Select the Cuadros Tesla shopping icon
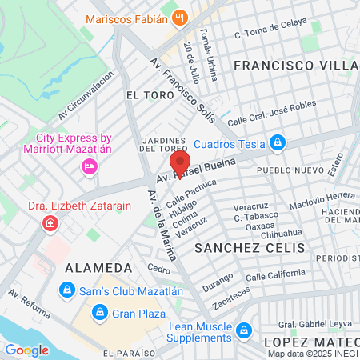pyautogui.click(x=278, y=144)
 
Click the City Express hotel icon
pyautogui.click(x=90, y=166)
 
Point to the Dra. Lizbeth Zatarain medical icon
pyautogui.click(x=50, y=222)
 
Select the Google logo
pyautogui.click(x=26, y=350)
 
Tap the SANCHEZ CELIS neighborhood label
pyautogui.click(x=250, y=248)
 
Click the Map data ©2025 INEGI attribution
pyautogui.click(x=312, y=353)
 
